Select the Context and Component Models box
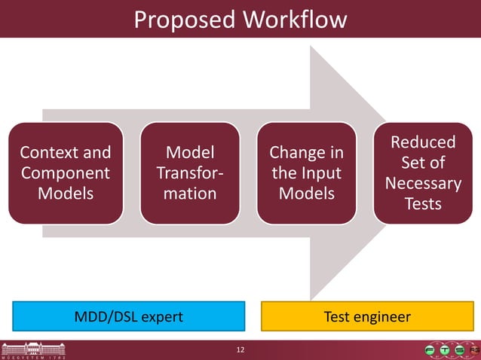coord(66,173)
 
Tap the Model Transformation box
coord(190,173)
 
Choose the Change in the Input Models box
coord(306,173)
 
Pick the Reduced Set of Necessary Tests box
coord(423,173)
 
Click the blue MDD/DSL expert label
coord(128,316)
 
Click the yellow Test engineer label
coord(366,316)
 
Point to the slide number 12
coord(240,350)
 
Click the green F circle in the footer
coord(430,350)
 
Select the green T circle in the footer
coord(445,350)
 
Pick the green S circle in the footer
coord(460,350)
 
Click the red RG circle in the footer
coord(474,350)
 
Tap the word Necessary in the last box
coord(423,184)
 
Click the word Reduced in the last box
coord(423,142)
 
